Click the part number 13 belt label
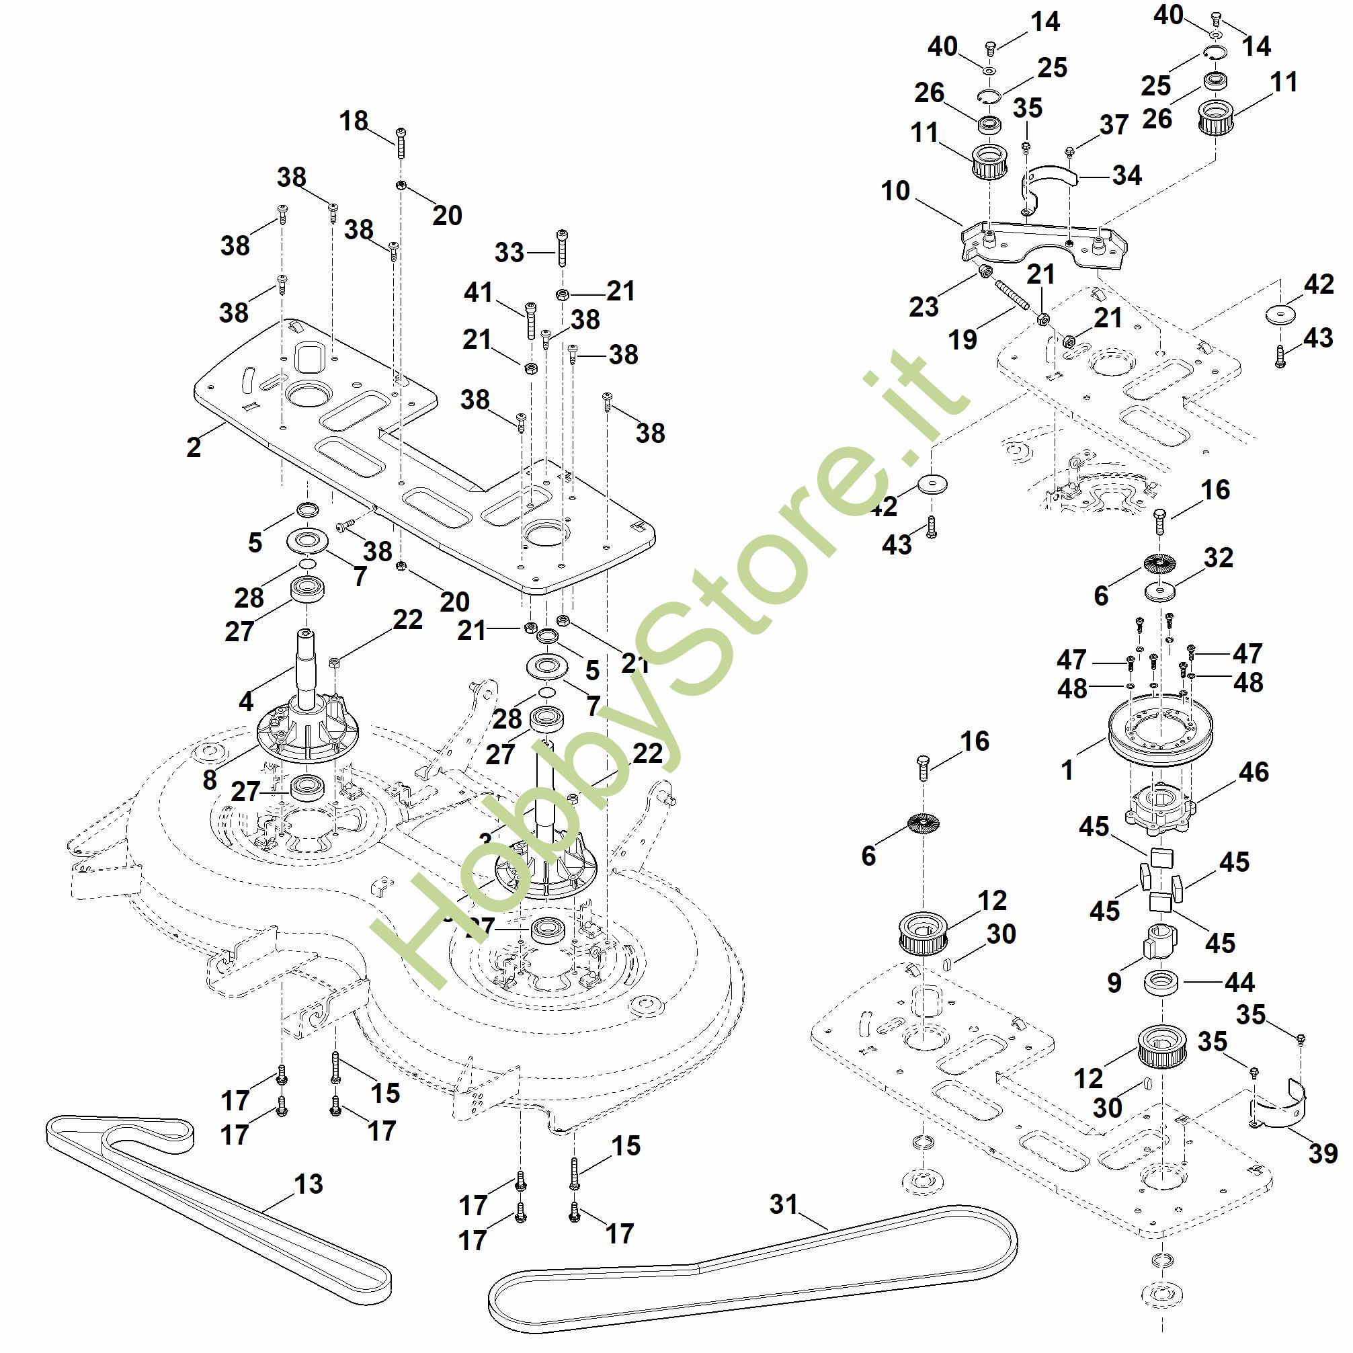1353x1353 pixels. click(x=308, y=1184)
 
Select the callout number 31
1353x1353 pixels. click(x=784, y=1204)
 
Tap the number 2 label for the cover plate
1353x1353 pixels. click(x=194, y=447)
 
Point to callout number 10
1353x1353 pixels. click(x=895, y=190)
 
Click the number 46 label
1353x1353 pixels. click(x=1254, y=772)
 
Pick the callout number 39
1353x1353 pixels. click(x=1322, y=1153)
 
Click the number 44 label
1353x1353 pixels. click(x=1239, y=983)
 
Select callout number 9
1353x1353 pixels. click(x=1115, y=983)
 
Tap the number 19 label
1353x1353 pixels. click(x=962, y=339)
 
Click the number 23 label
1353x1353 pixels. click(x=923, y=306)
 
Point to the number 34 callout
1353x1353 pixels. click(x=1126, y=175)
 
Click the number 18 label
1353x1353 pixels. click(x=354, y=121)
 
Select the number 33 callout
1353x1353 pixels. click(x=509, y=252)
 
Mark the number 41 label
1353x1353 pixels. click(x=479, y=292)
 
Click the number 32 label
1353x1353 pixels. click(x=1218, y=557)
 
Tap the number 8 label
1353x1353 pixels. click(x=210, y=780)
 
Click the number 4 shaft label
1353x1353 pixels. click(x=246, y=701)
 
